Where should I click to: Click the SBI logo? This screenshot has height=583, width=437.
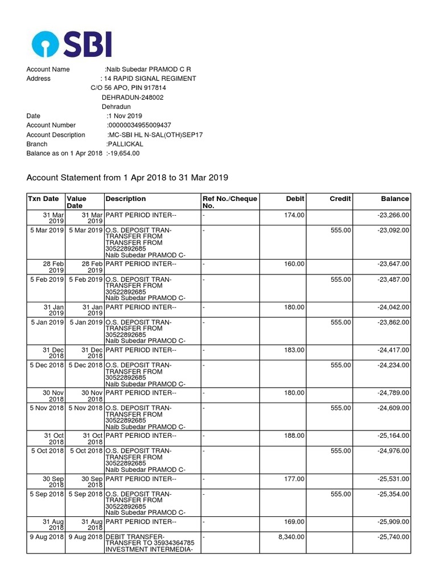tap(72, 44)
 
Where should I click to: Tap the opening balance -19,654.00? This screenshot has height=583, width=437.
tap(122, 153)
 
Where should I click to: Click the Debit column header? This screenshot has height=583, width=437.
tap(295, 199)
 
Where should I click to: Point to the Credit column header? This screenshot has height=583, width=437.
tap(340, 199)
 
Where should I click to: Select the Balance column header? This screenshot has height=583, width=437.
tap(395, 199)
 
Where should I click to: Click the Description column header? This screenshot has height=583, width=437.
tap(125, 199)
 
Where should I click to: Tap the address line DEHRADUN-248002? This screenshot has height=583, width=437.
tap(133, 97)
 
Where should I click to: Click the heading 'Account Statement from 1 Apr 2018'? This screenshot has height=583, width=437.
tap(127, 178)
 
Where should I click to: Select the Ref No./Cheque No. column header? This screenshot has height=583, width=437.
tap(230, 202)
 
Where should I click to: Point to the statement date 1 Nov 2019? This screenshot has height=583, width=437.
tap(125, 116)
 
